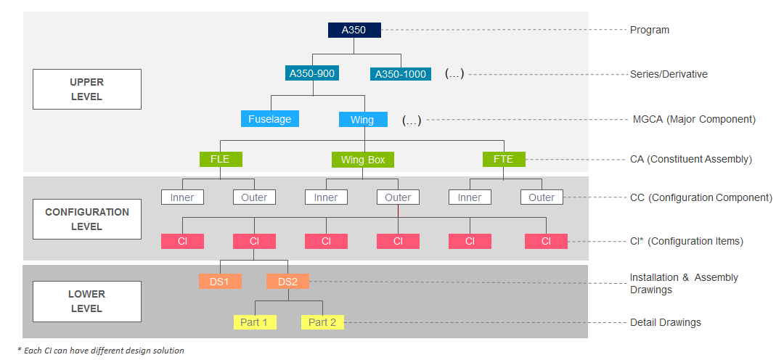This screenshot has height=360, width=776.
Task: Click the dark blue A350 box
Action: (x=354, y=30)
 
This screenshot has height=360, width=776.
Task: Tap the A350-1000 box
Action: (x=400, y=73)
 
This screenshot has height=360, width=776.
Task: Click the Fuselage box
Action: (x=269, y=119)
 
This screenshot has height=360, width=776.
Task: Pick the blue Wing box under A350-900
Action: (x=362, y=119)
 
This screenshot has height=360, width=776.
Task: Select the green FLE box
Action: (x=220, y=159)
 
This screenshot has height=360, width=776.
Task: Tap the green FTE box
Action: (x=503, y=159)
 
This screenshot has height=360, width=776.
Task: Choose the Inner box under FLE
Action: (x=182, y=197)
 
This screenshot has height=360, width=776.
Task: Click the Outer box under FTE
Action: (x=542, y=197)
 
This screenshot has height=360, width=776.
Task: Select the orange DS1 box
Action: (x=219, y=281)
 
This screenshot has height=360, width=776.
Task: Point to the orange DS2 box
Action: (x=287, y=281)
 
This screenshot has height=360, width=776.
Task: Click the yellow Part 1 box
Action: (x=254, y=322)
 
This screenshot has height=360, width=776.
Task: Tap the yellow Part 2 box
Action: (x=322, y=322)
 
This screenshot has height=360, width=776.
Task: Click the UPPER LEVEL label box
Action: (x=87, y=89)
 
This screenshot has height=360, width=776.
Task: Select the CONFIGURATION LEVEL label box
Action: (x=87, y=219)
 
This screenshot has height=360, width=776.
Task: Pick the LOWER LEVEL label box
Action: (x=87, y=301)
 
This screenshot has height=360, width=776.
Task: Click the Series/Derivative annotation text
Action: (x=669, y=74)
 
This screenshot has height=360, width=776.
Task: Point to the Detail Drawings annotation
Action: (x=665, y=322)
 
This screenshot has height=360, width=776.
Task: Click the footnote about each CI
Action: (x=101, y=351)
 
